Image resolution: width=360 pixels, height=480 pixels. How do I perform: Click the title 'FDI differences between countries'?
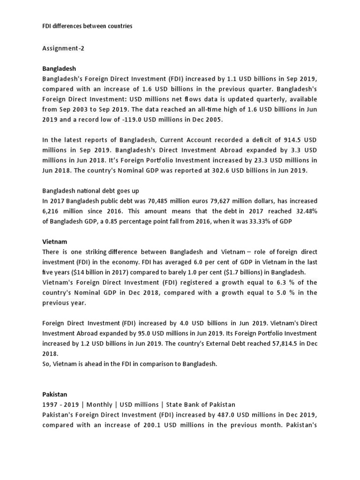87,26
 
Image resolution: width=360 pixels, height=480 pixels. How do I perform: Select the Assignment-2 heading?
63,48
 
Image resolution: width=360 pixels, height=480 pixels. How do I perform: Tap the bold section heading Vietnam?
54,242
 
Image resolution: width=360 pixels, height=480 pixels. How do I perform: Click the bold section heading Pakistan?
55,395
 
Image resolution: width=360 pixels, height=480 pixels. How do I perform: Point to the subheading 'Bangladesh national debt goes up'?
90,191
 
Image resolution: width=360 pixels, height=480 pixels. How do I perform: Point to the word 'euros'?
203,201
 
